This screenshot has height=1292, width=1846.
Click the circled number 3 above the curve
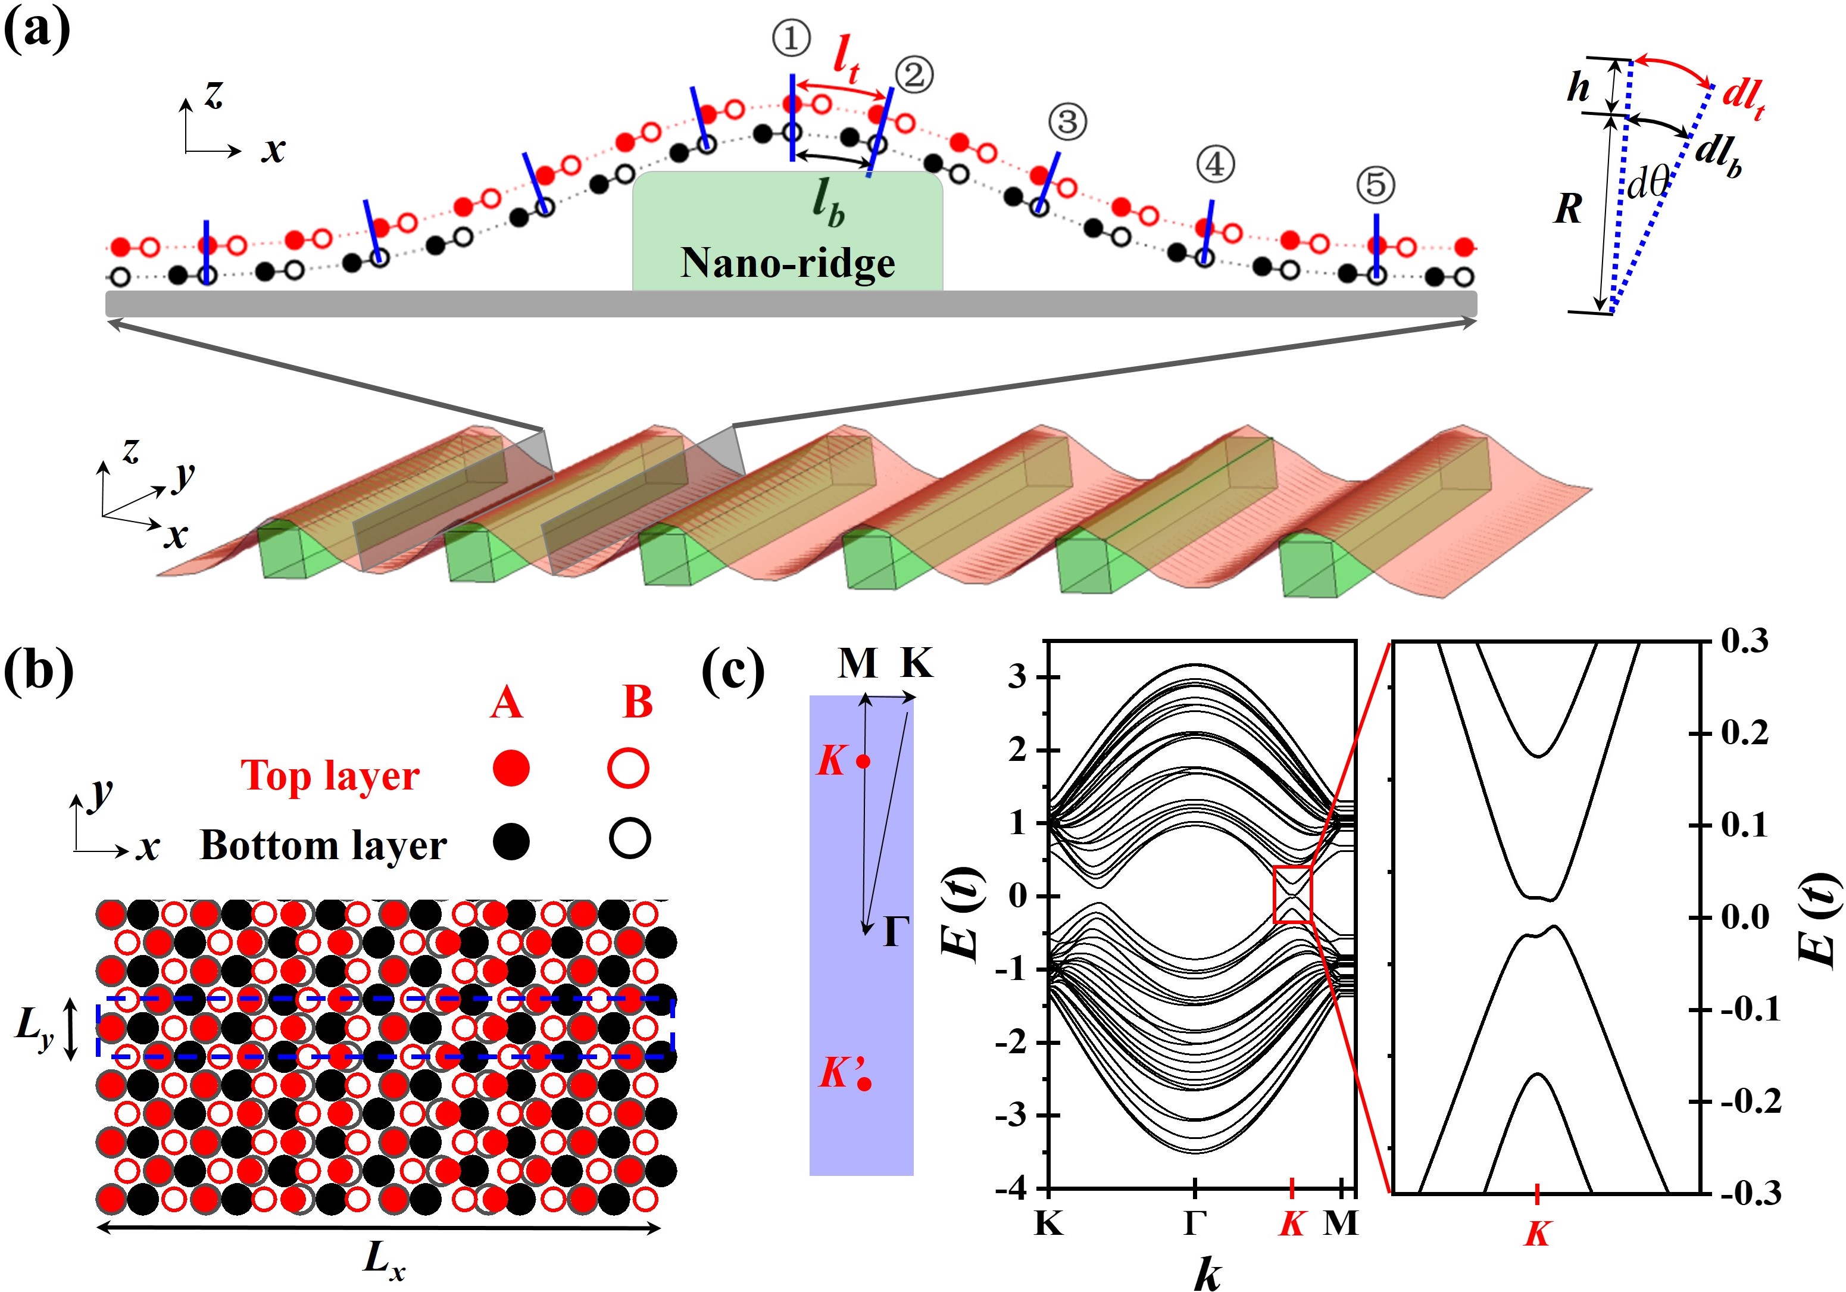[1067, 122]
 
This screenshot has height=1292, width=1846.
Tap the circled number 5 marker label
[1376, 185]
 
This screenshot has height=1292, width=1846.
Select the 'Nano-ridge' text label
[788, 263]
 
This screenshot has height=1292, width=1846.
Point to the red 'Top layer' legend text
[330, 776]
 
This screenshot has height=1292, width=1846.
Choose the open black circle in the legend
[629, 840]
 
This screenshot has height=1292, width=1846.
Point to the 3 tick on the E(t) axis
[1017, 677]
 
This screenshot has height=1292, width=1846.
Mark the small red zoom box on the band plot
[1293, 894]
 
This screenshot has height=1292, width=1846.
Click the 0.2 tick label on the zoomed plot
[1745, 734]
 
